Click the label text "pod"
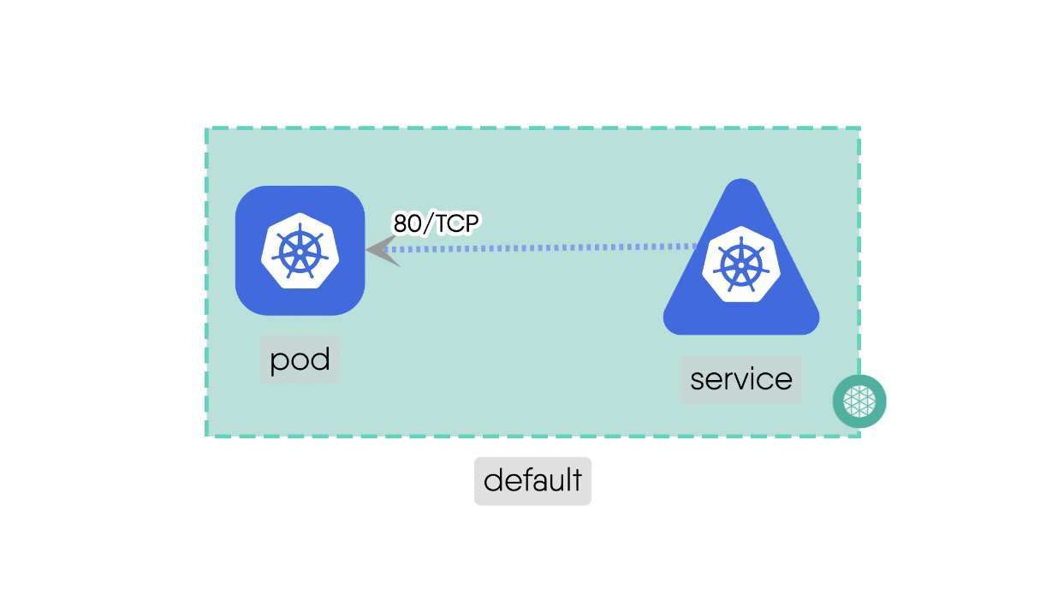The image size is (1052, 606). pos(300,360)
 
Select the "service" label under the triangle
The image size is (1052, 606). pos(740,379)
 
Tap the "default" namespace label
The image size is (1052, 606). pos(532,480)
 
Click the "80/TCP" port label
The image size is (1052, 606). pos(437,223)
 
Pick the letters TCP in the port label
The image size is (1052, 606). pos(455,223)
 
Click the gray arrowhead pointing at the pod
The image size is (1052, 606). pos(381,250)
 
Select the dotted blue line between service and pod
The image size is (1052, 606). pos(548,248)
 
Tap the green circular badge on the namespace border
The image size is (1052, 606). pos(859,401)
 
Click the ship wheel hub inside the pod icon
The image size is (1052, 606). pos(300,252)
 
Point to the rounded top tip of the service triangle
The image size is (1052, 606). pos(741,185)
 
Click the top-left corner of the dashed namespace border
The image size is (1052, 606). pos(207,129)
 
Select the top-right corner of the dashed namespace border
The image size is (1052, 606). pos(859,129)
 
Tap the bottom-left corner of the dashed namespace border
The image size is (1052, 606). pos(207,436)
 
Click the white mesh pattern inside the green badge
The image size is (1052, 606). pos(859,401)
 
